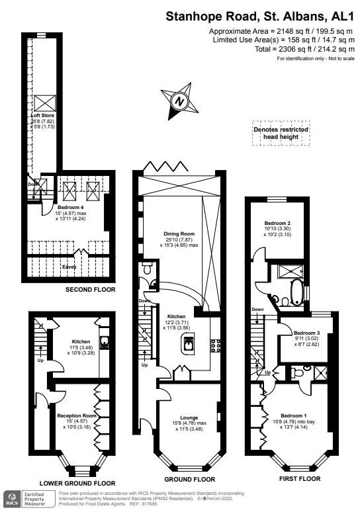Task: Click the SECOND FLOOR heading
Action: [x=90, y=290]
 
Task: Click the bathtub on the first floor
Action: [x=293, y=290]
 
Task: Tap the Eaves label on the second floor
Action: [x=68, y=267]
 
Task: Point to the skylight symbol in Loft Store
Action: [x=46, y=103]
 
